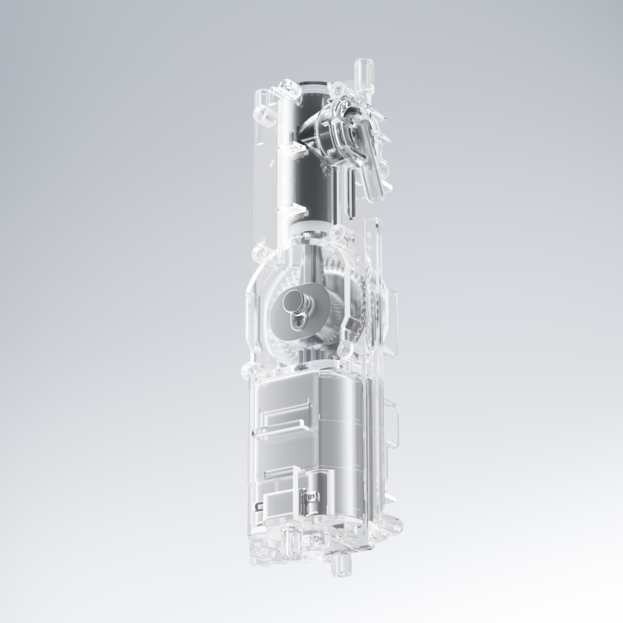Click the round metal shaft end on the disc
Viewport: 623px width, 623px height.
pyautogui.click(x=292, y=303)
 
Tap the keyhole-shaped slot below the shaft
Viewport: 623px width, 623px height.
pyautogui.click(x=300, y=321)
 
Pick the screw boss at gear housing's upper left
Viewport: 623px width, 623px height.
pyautogui.click(x=261, y=257)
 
